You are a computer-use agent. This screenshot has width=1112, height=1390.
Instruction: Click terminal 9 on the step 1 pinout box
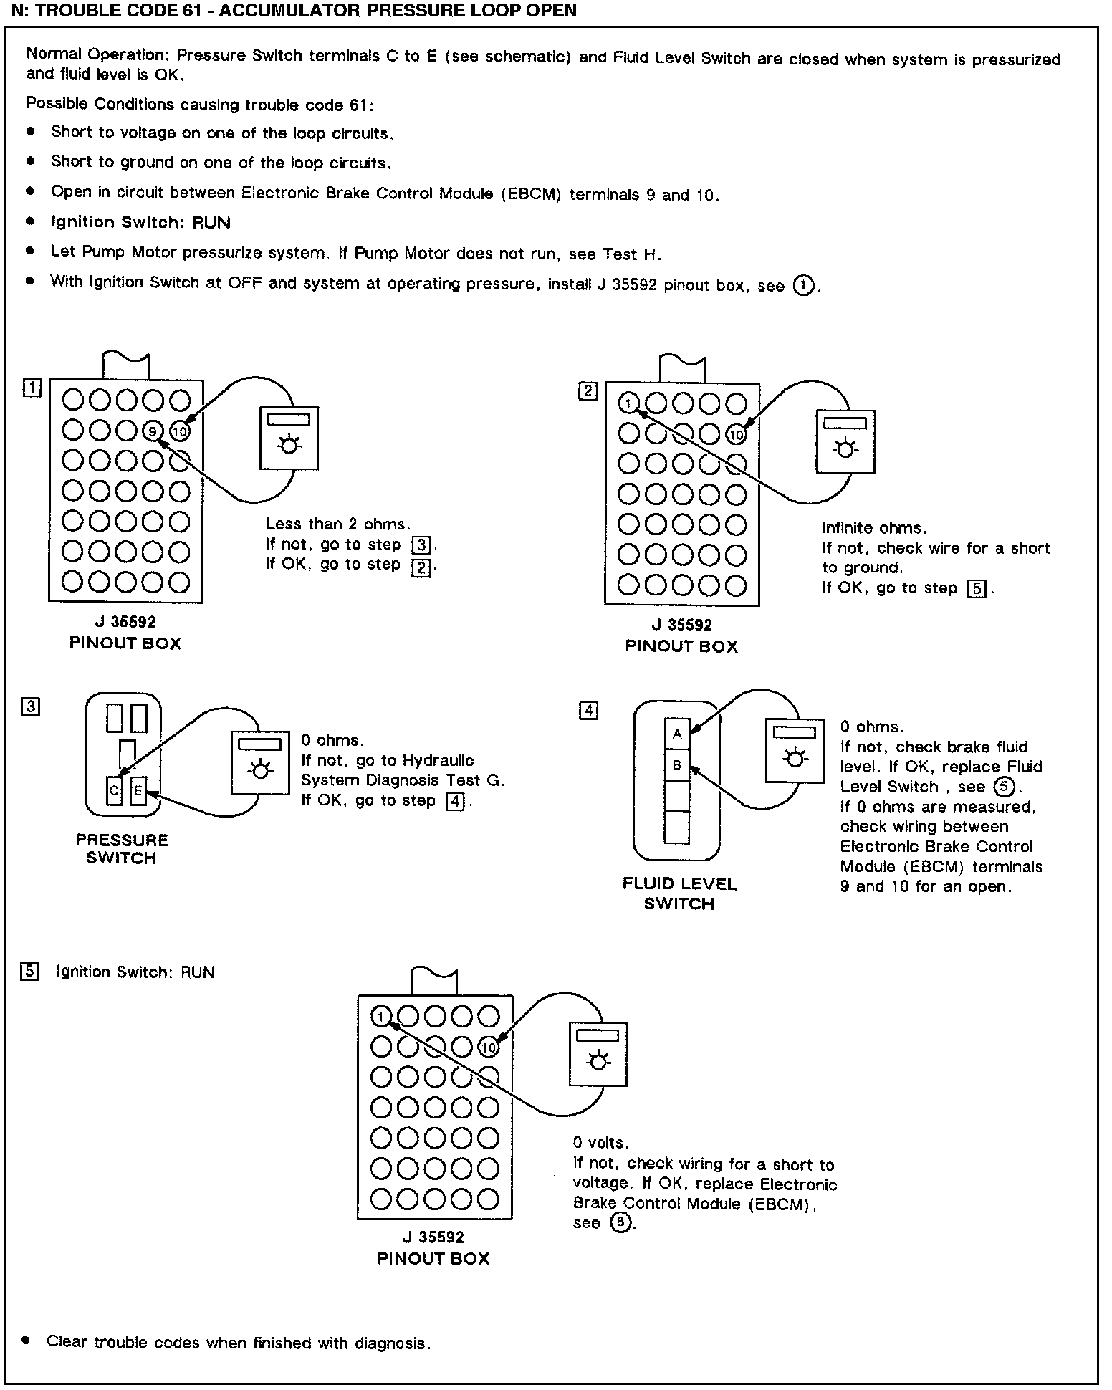click(x=153, y=431)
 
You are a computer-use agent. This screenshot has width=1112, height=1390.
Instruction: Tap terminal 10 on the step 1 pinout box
click(x=180, y=431)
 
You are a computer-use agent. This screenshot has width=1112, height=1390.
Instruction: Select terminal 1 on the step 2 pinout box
click(x=628, y=403)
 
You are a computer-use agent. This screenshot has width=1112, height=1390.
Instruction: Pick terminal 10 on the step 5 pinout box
click(x=489, y=1048)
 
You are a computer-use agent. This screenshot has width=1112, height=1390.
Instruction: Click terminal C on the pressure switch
click(x=114, y=791)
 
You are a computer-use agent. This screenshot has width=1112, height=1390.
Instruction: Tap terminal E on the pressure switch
click(x=138, y=791)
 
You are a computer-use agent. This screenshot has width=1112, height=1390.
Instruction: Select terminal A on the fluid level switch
click(x=676, y=734)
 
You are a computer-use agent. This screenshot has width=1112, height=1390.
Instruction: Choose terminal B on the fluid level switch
click(x=676, y=765)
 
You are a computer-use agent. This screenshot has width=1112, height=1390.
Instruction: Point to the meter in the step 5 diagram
click(x=598, y=1053)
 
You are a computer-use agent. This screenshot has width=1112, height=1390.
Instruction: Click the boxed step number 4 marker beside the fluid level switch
click(x=588, y=710)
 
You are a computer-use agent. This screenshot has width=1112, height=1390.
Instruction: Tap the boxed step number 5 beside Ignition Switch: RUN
click(x=29, y=972)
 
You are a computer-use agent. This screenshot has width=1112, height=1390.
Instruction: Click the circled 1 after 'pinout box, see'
click(x=804, y=285)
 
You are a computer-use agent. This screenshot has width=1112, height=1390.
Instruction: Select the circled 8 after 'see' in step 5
click(x=620, y=1222)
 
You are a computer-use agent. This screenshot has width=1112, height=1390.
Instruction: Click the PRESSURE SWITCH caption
click(x=122, y=849)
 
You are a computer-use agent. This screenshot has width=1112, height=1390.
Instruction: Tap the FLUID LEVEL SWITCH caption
click(x=679, y=893)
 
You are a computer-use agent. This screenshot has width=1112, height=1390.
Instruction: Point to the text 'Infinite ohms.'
click(x=874, y=528)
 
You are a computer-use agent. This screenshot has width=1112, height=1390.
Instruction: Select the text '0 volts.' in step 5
click(x=600, y=1143)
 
